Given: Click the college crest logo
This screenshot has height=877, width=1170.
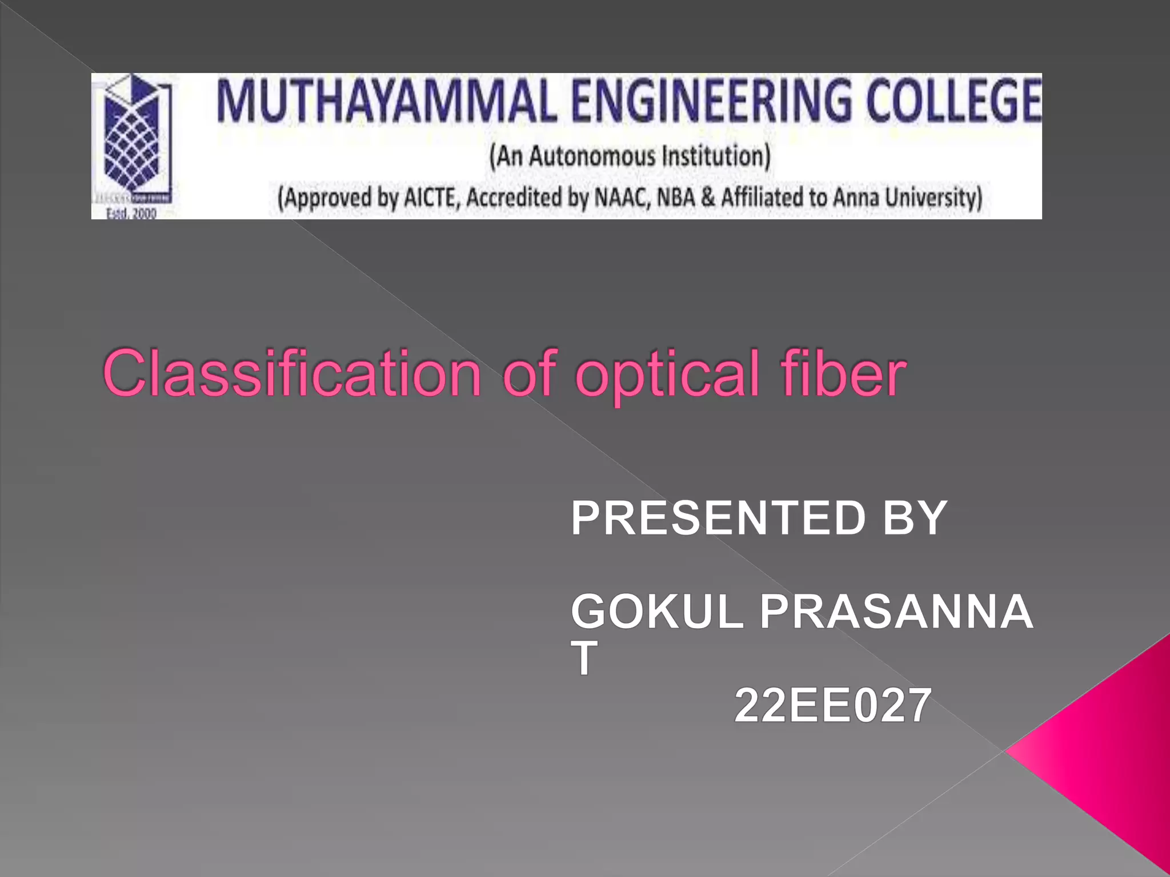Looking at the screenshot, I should (x=133, y=140).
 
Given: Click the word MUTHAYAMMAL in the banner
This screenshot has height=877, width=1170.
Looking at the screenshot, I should (x=386, y=102).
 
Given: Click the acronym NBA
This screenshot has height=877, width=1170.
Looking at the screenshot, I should (x=676, y=198).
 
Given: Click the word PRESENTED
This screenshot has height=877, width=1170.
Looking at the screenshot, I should (x=718, y=518).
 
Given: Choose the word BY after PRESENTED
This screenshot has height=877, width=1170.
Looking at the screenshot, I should (x=914, y=518).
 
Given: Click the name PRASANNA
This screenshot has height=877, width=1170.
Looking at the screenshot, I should (x=896, y=612).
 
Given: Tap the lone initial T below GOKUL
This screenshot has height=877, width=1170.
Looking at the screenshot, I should (x=584, y=658).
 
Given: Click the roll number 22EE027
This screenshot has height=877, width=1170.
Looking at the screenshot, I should (x=832, y=706).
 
